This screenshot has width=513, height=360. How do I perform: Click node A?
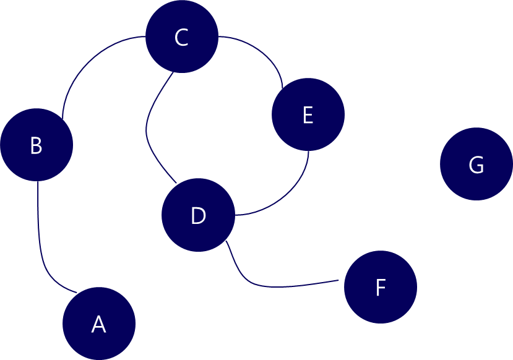click(x=99, y=324)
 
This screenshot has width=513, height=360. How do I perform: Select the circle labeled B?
click(x=37, y=145)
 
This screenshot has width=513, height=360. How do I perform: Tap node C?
click(x=182, y=36)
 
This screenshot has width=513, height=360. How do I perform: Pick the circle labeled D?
click(x=198, y=215)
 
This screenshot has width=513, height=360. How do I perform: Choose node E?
click(x=308, y=114)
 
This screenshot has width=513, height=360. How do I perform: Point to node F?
click(x=381, y=287)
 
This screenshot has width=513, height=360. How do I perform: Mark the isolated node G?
click(x=476, y=164)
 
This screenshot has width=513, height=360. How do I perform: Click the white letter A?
click(x=98, y=324)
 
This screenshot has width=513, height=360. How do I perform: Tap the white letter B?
click(x=36, y=146)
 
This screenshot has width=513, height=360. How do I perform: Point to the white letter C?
click(x=181, y=38)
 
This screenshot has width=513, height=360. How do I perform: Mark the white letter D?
click(x=198, y=216)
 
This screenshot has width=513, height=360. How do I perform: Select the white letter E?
click(x=308, y=116)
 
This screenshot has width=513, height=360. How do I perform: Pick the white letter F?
click(x=381, y=288)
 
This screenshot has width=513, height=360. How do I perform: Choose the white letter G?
click(x=476, y=165)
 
